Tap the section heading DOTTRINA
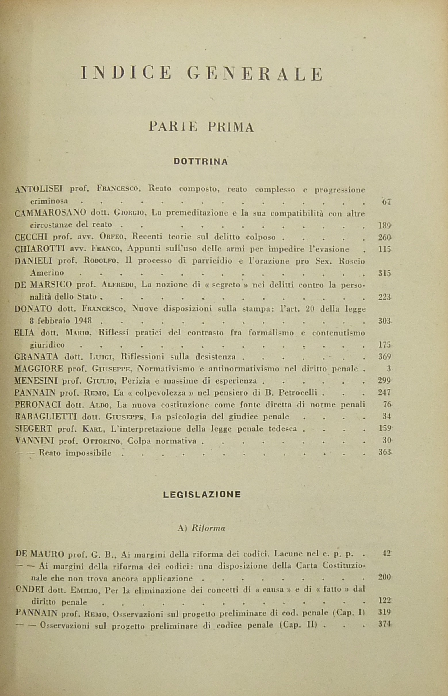(x=201, y=162)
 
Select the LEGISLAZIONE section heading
(x=202, y=494)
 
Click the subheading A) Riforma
(x=201, y=529)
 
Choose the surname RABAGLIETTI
(x=46, y=417)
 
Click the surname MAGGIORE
(x=39, y=369)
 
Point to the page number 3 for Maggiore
(x=389, y=369)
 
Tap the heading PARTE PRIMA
(x=201, y=127)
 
